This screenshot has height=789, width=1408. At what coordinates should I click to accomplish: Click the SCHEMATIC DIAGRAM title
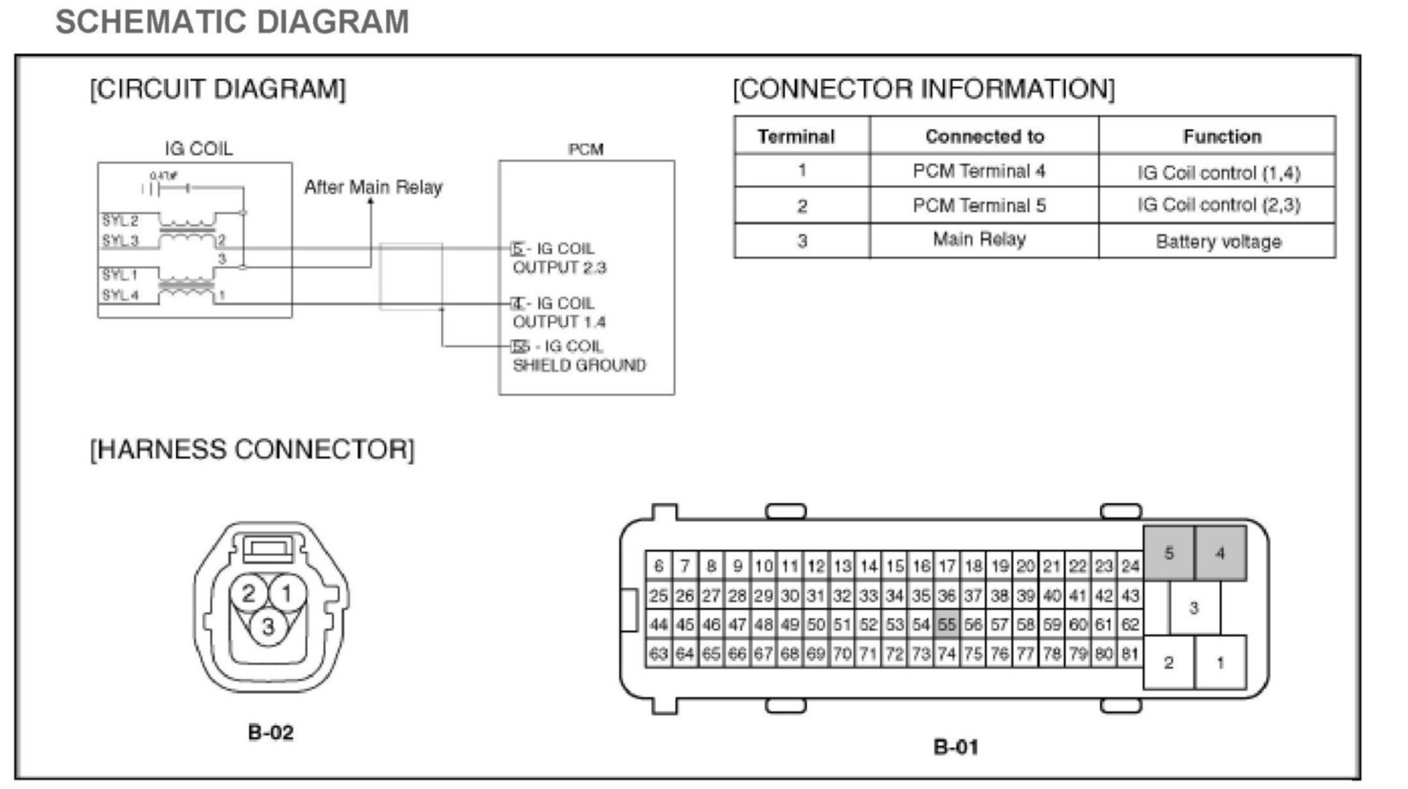232,22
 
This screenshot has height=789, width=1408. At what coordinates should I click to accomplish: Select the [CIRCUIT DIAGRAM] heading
217,89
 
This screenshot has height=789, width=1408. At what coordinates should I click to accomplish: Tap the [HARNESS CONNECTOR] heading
252,449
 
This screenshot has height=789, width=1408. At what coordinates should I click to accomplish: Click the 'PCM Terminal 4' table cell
979,171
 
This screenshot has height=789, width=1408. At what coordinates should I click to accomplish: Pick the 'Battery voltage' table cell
1218,241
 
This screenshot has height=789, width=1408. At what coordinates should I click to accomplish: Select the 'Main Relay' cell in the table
979,239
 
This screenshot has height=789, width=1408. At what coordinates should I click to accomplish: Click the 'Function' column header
1221,136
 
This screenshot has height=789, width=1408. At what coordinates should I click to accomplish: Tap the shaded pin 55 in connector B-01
946,625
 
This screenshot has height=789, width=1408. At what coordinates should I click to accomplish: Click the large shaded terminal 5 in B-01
1169,553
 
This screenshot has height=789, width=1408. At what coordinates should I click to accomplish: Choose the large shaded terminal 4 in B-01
1220,553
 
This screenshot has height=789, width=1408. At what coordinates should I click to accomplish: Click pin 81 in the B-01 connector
1130,654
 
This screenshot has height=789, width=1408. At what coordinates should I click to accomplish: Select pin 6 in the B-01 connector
658,566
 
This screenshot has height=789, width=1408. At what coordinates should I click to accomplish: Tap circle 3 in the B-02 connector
268,626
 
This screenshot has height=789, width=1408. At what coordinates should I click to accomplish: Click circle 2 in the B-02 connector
249,594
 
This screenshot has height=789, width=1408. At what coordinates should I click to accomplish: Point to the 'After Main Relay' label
373,187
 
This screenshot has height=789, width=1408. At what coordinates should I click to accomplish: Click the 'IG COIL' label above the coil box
199,149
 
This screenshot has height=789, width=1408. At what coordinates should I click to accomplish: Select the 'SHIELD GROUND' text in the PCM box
579,365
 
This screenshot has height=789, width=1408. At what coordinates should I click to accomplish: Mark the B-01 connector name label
956,747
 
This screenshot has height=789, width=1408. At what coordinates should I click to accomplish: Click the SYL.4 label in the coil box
121,296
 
